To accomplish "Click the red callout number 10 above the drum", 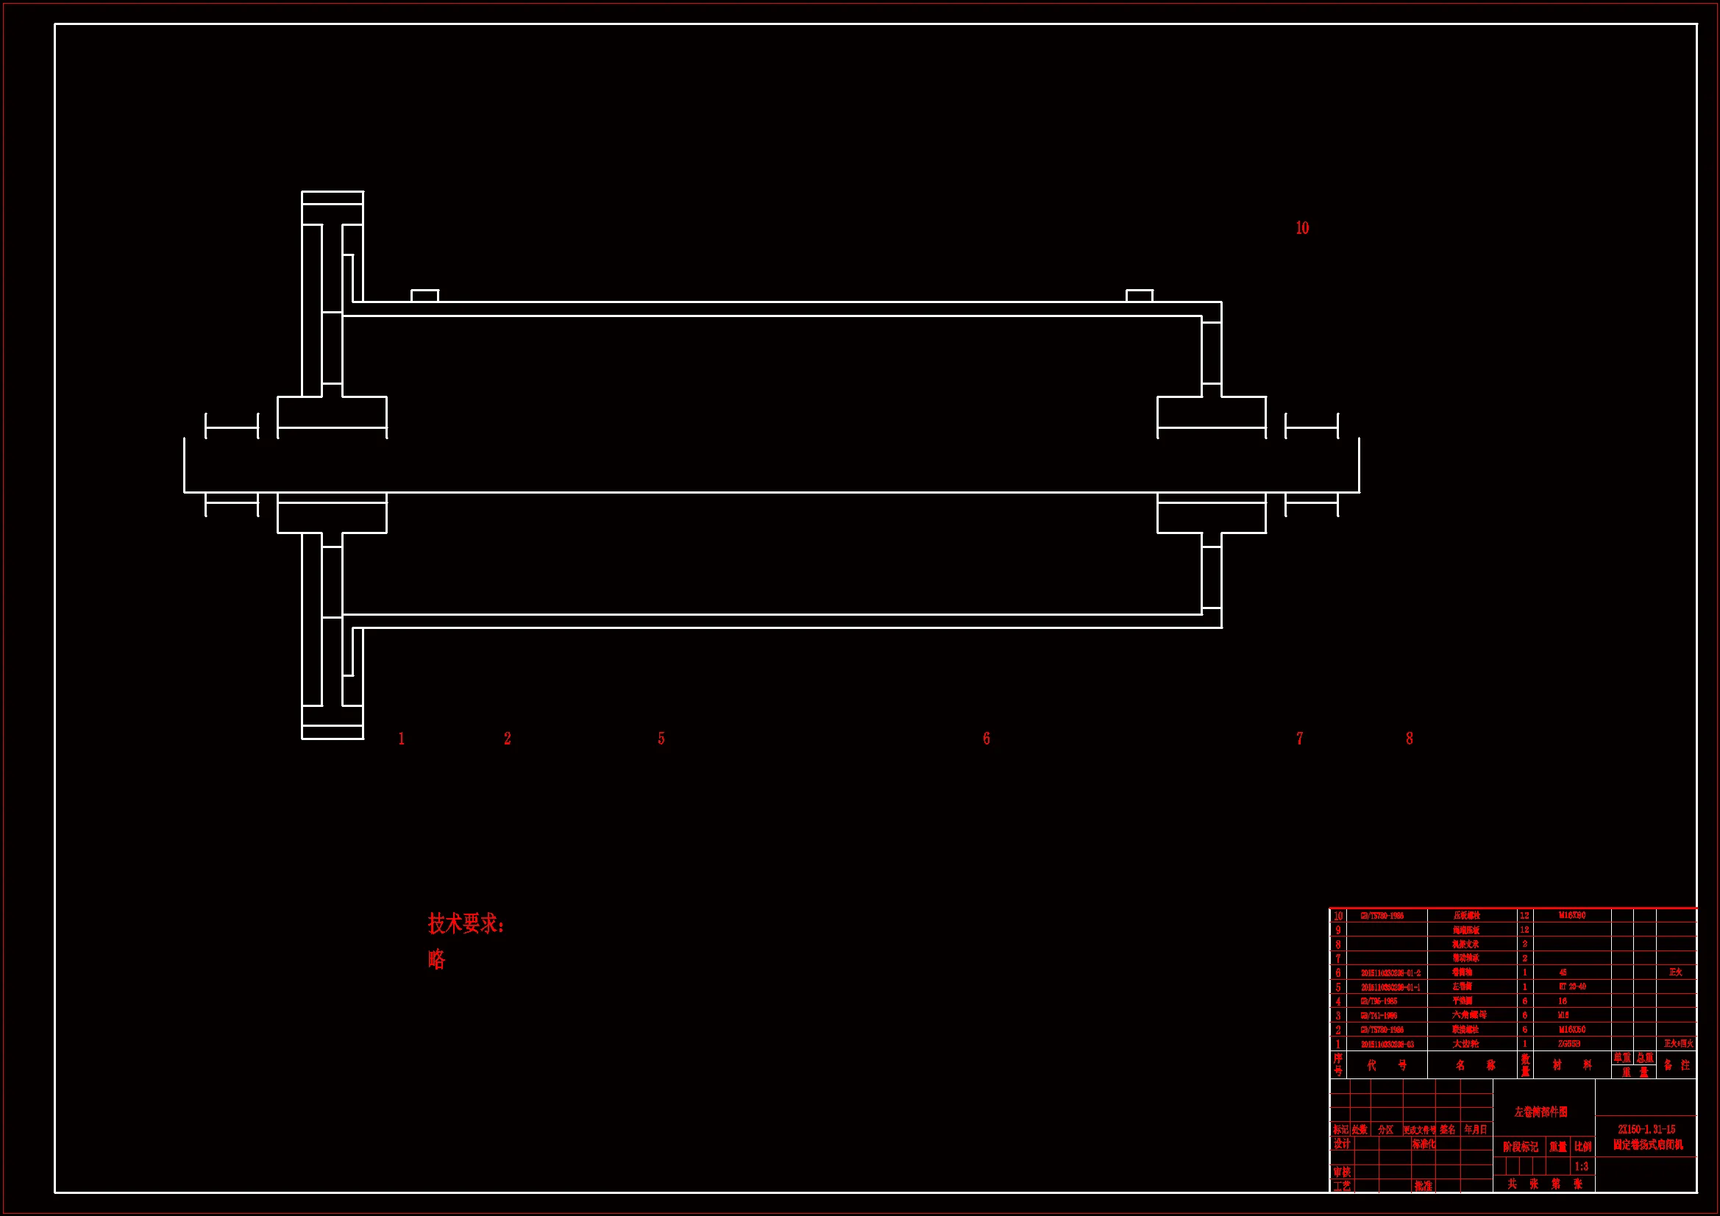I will [1302, 228].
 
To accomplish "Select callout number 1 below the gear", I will [402, 739].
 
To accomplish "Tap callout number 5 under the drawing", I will [661, 739].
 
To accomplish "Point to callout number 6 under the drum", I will [986, 739].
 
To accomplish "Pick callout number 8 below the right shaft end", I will [1409, 739].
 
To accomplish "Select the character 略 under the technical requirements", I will [436, 960].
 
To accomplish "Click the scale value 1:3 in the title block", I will [1581, 1167].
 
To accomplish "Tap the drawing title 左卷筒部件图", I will [1540, 1112].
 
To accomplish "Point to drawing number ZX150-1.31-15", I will [1646, 1129].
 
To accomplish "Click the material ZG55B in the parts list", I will [1569, 1044].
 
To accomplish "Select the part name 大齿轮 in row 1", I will [1466, 1044].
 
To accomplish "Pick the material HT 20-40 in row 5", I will [1572, 986].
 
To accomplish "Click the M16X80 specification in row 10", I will [1571, 916].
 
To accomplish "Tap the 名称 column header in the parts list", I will [1474, 1064].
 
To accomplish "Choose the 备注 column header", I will [1677, 1064].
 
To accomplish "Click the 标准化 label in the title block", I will [1424, 1144].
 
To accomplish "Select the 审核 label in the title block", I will [1341, 1172].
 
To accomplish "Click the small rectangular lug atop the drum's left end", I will [424, 296].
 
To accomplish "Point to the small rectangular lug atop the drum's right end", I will [1140, 296].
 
